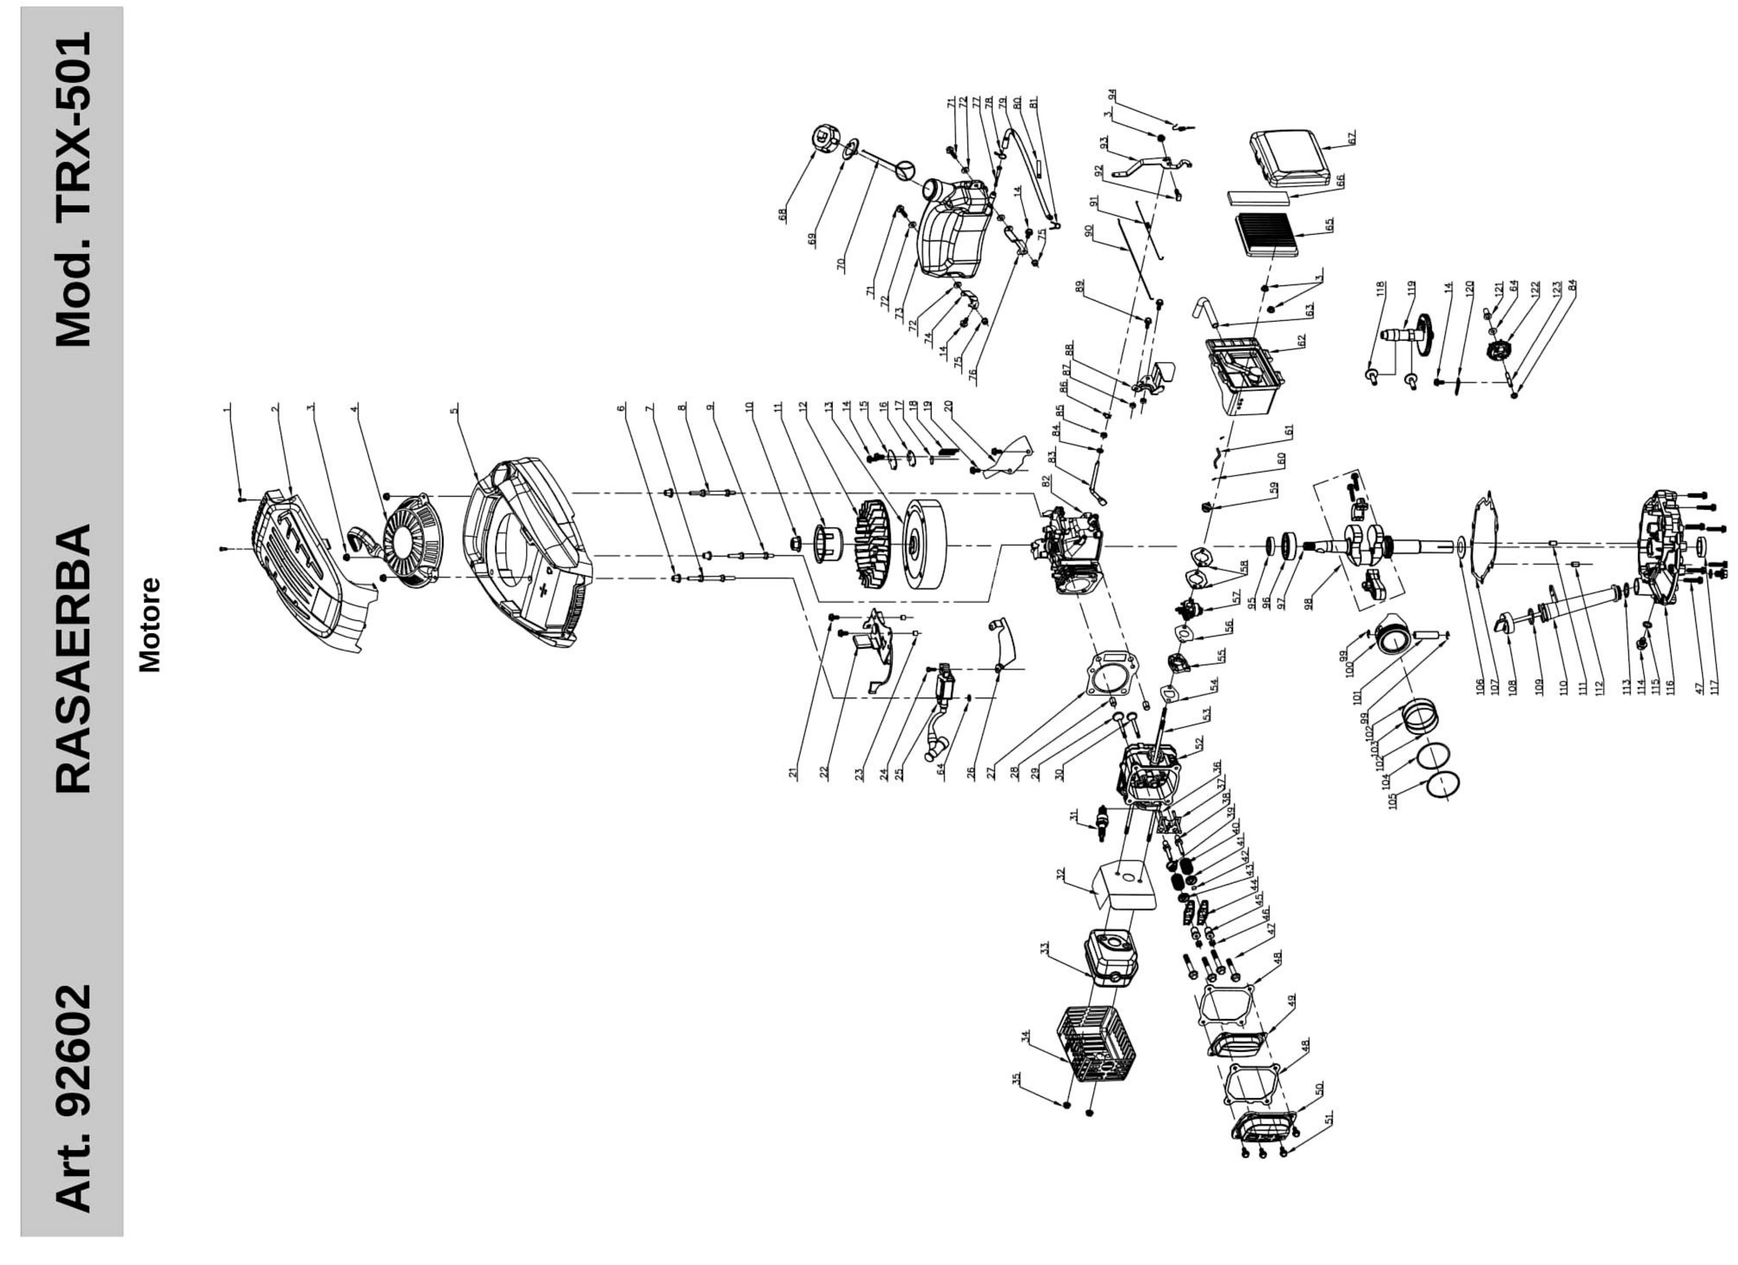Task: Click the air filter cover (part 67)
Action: coord(1290,159)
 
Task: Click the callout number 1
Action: coord(227,410)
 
